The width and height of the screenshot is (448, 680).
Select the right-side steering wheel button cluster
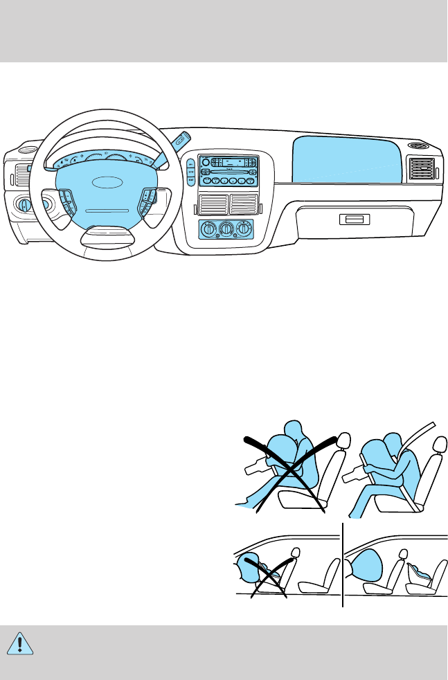149,200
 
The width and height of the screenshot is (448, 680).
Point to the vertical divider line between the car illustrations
343,564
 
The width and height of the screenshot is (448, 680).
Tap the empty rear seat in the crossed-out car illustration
319,578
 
